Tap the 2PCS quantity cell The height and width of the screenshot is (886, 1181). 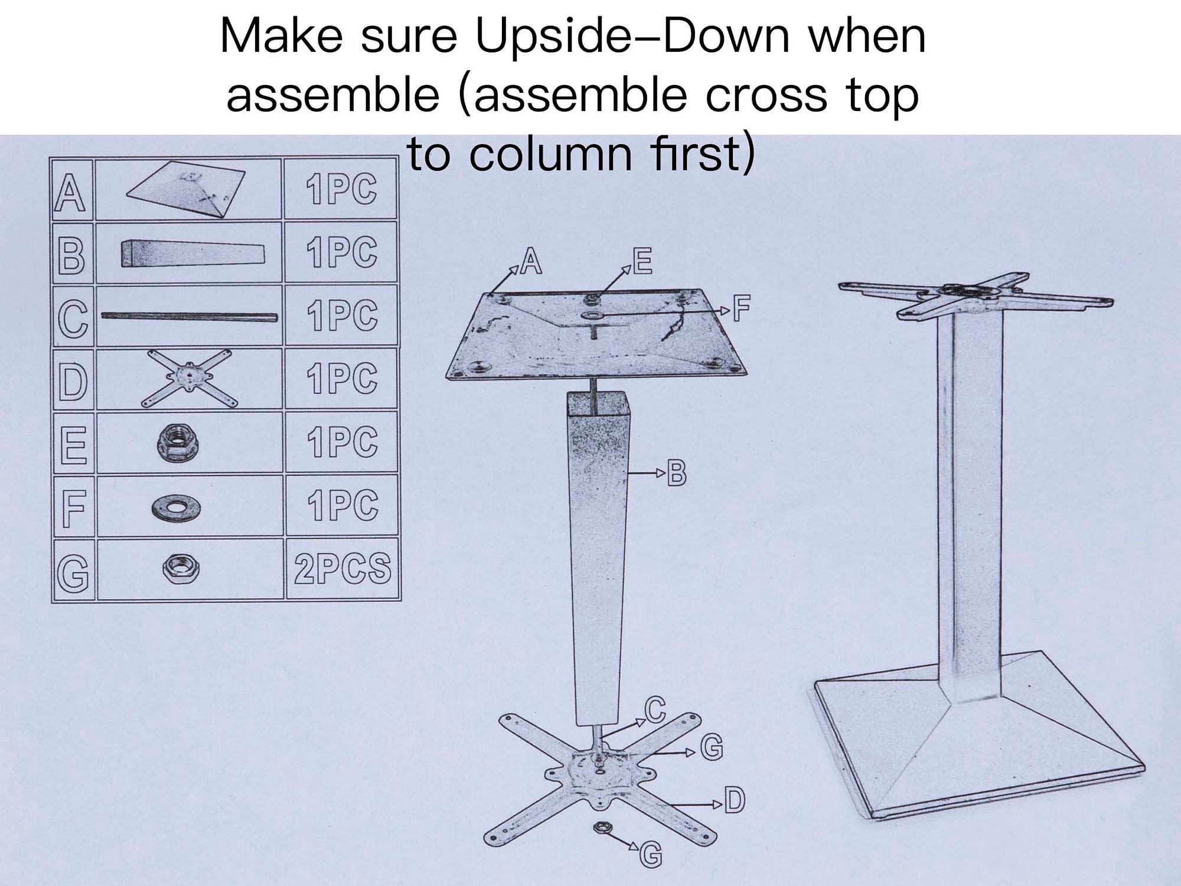click(342, 568)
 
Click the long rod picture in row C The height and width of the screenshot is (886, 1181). click(189, 317)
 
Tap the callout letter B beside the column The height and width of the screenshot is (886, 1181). click(676, 473)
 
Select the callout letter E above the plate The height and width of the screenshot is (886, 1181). click(642, 262)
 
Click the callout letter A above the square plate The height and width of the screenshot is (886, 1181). click(531, 262)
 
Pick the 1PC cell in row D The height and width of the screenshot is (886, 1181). click(341, 378)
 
